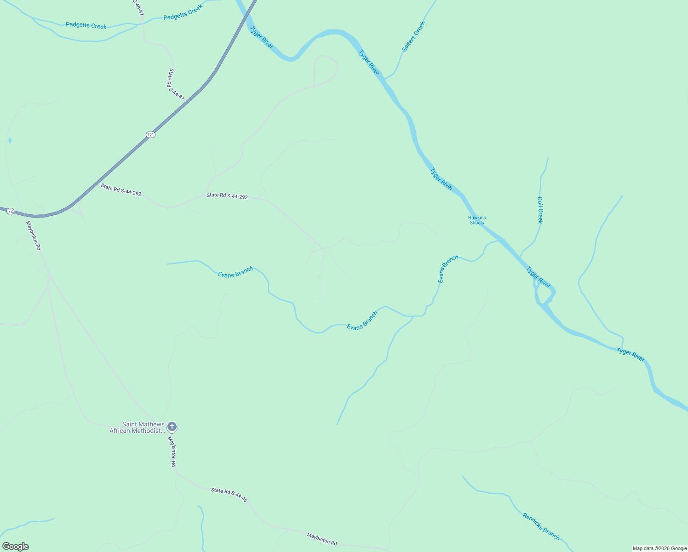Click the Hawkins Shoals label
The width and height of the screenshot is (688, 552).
point(477,220)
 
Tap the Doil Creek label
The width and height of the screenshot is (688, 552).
point(540,210)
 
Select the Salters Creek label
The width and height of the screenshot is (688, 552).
point(413,36)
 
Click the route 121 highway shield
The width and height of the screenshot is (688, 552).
point(150,134)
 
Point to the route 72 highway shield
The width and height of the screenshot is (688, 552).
point(10,211)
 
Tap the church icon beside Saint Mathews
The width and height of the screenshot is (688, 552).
point(172,427)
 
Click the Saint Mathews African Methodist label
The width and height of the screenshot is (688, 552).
point(137,427)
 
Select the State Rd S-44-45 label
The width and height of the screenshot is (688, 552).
point(229,495)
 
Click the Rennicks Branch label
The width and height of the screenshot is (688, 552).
point(541,526)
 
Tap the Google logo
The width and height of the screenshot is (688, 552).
point(15,546)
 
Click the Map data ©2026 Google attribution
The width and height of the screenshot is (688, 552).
point(659,548)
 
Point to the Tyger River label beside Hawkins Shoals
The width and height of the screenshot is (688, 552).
point(441,179)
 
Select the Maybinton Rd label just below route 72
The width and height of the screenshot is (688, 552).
point(34,236)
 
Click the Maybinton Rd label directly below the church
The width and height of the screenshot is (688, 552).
point(172,451)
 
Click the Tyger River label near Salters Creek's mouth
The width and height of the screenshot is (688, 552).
point(369,62)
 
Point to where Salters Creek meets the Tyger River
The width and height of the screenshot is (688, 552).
point(385,79)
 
